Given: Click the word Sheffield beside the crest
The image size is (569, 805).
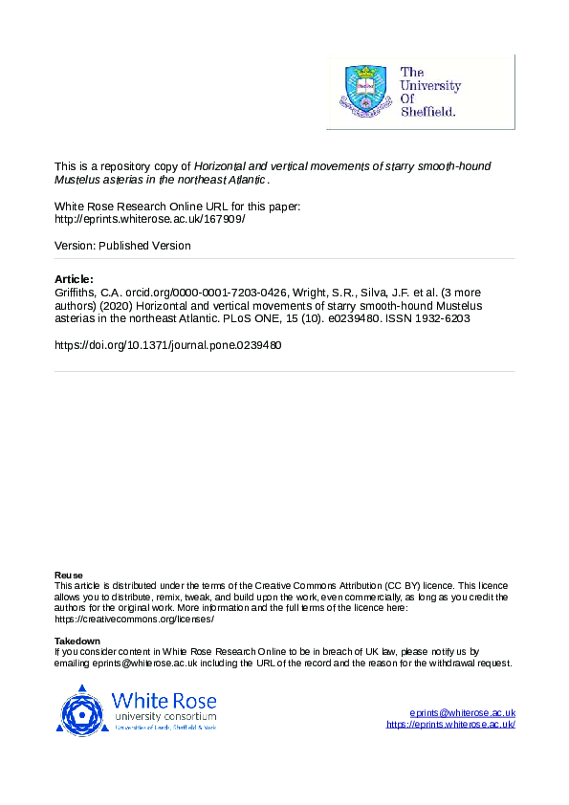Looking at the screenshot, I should tap(427, 111).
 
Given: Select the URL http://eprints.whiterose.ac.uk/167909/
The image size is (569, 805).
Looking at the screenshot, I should tap(150, 218).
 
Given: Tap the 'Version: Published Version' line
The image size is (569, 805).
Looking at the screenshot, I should tap(122, 246).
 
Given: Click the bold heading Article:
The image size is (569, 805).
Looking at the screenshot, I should tap(75, 278).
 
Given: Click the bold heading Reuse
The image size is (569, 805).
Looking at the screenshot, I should tap(69, 575).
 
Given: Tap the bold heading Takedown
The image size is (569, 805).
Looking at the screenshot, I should tap(77, 641).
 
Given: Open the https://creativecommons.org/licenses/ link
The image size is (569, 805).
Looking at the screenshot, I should tap(134, 618).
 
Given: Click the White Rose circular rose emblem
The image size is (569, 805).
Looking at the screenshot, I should tap(84, 710).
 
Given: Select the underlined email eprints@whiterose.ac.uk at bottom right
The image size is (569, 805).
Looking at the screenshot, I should tap(462, 713).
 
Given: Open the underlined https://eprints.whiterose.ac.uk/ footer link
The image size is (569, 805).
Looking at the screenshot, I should tap(450, 725).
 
